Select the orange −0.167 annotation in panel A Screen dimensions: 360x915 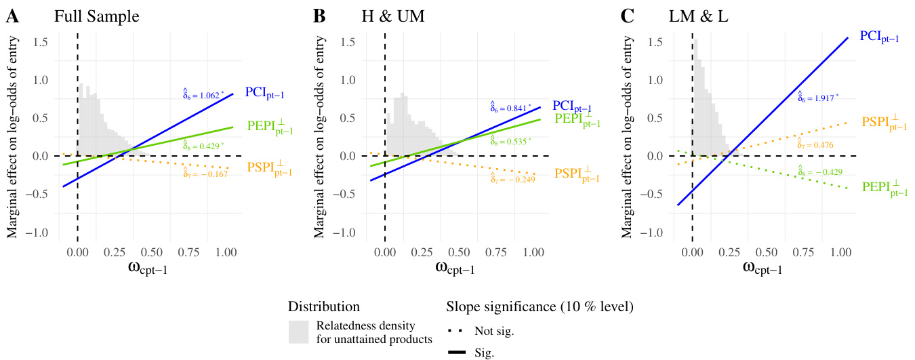[205, 174]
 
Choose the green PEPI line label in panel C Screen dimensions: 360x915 [884, 188]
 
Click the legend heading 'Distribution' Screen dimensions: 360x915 [323, 307]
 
